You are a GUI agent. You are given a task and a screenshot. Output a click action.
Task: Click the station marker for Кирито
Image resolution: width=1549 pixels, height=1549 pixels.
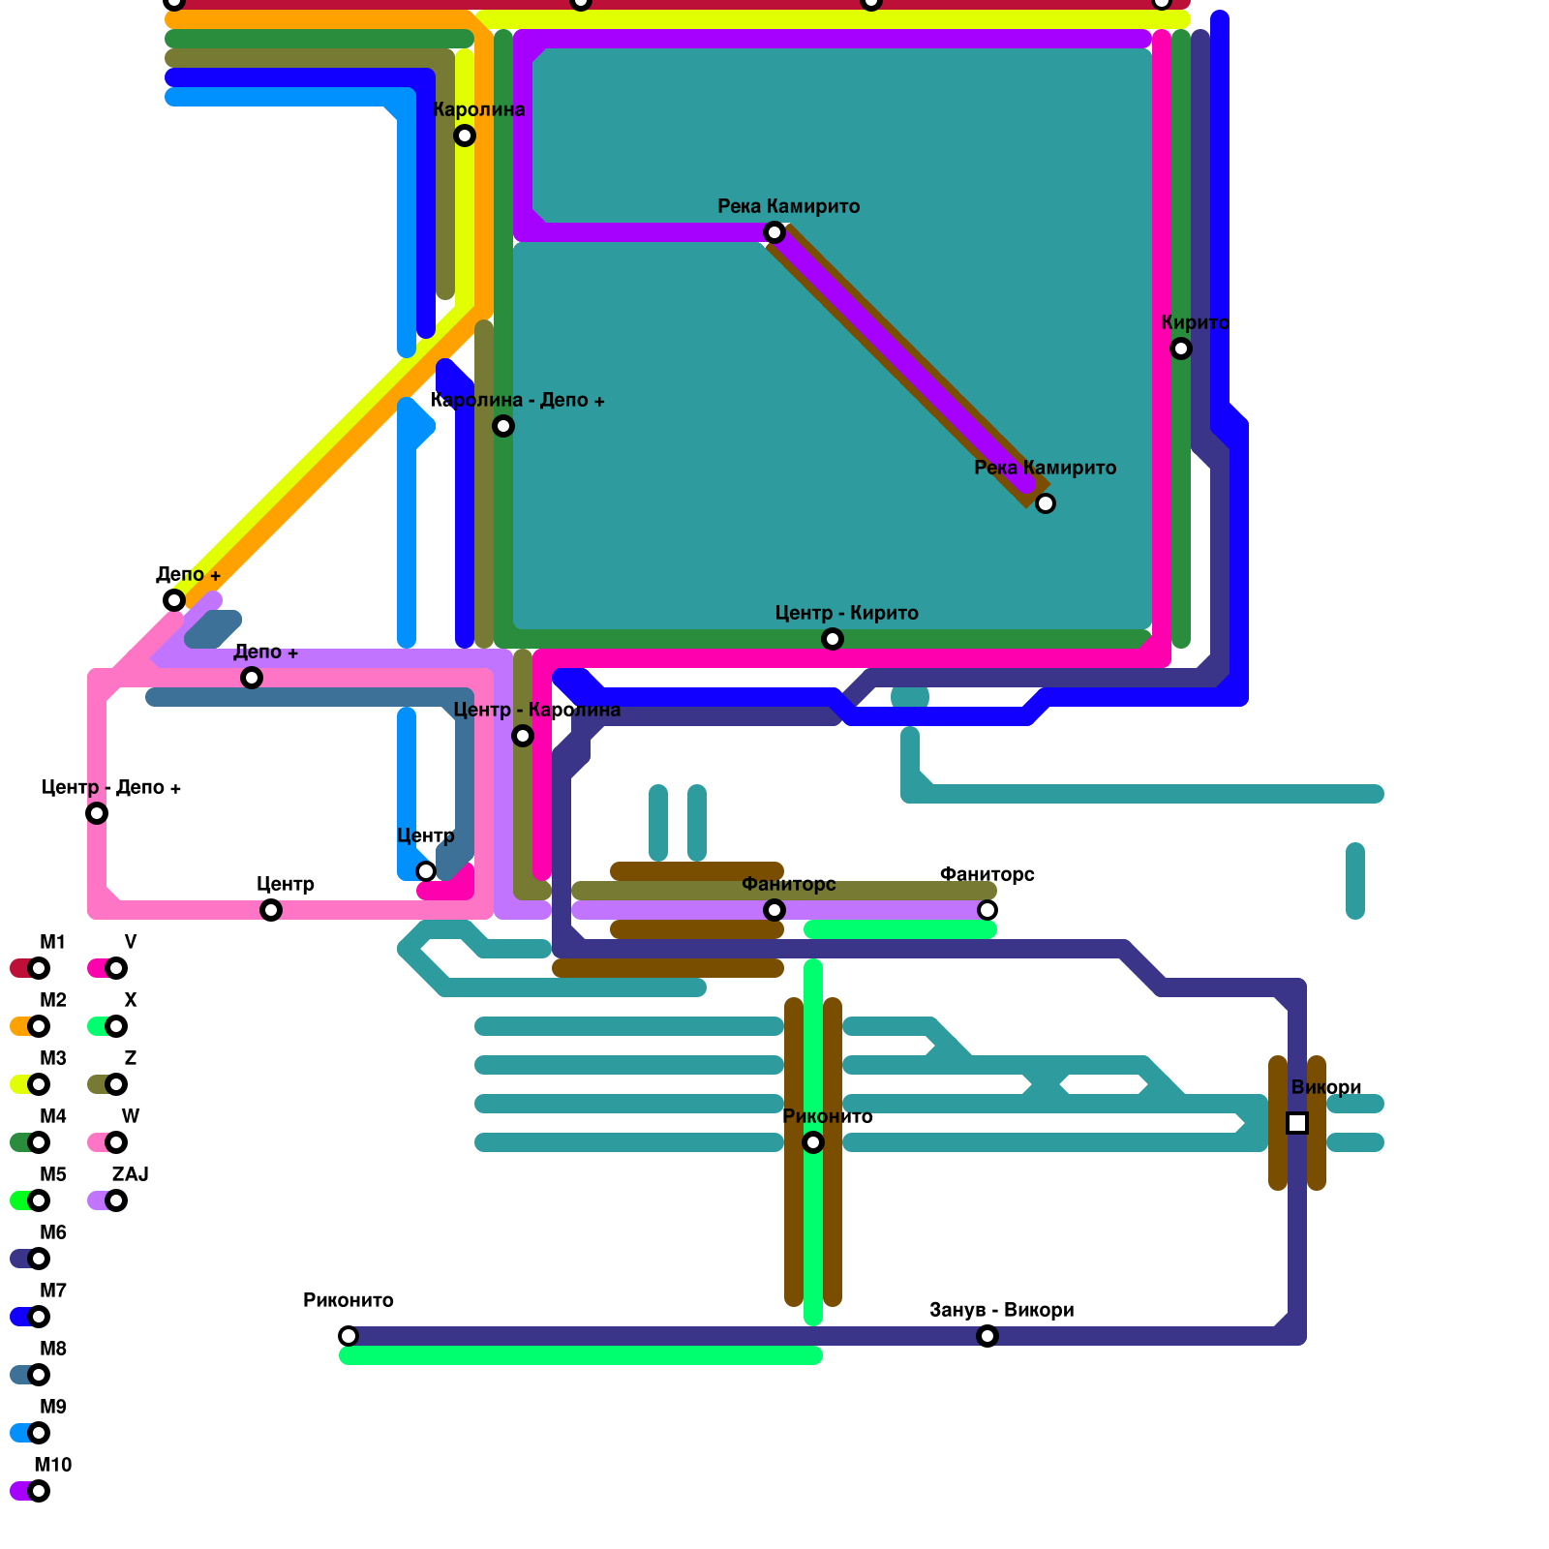[1181, 349]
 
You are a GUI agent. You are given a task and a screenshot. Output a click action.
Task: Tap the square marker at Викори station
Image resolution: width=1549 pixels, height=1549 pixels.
[1297, 1123]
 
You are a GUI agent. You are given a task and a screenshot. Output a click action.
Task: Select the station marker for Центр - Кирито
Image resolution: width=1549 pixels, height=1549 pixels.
[833, 639]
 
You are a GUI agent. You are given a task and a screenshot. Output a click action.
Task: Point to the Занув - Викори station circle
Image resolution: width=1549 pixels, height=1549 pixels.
[987, 1336]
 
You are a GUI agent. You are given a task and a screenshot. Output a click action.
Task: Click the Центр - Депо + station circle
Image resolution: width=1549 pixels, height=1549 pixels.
[97, 813]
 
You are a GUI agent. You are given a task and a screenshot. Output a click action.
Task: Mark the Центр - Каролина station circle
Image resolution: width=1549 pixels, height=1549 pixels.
[523, 736]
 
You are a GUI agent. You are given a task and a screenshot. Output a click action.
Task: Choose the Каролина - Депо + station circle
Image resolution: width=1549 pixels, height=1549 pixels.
[503, 426]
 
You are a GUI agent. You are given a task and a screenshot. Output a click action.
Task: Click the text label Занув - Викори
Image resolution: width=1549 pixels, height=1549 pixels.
[1002, 1310]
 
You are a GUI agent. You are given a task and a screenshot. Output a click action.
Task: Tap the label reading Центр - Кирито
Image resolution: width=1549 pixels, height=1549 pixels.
[847, 613]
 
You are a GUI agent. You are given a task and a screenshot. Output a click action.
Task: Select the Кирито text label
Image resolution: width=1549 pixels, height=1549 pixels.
[1196, 322]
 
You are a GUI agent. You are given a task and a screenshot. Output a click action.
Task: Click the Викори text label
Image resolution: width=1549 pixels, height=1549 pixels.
[1326, 1087]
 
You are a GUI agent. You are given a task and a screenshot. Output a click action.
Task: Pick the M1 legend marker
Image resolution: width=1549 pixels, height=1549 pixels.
[39, 968]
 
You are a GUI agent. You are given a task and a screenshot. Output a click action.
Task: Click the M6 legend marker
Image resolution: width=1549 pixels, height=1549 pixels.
[39, 1259]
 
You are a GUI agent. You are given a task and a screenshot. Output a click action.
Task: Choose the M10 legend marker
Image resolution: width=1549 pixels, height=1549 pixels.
[39, 1491]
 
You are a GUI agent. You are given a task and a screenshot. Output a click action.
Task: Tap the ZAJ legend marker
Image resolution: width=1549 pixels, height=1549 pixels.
[116, 1200]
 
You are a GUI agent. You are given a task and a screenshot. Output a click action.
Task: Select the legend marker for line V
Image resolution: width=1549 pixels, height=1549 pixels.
[116, 968]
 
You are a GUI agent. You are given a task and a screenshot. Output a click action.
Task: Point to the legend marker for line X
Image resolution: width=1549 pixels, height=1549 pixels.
[116, 1026]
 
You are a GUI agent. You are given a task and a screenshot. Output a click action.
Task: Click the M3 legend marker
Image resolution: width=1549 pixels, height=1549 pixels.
[39, 1084]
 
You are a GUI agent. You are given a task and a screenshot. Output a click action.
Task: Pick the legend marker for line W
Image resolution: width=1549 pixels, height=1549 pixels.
[116, 1142]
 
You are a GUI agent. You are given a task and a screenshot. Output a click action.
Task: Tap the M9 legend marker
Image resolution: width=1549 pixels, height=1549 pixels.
[39, 1433]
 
